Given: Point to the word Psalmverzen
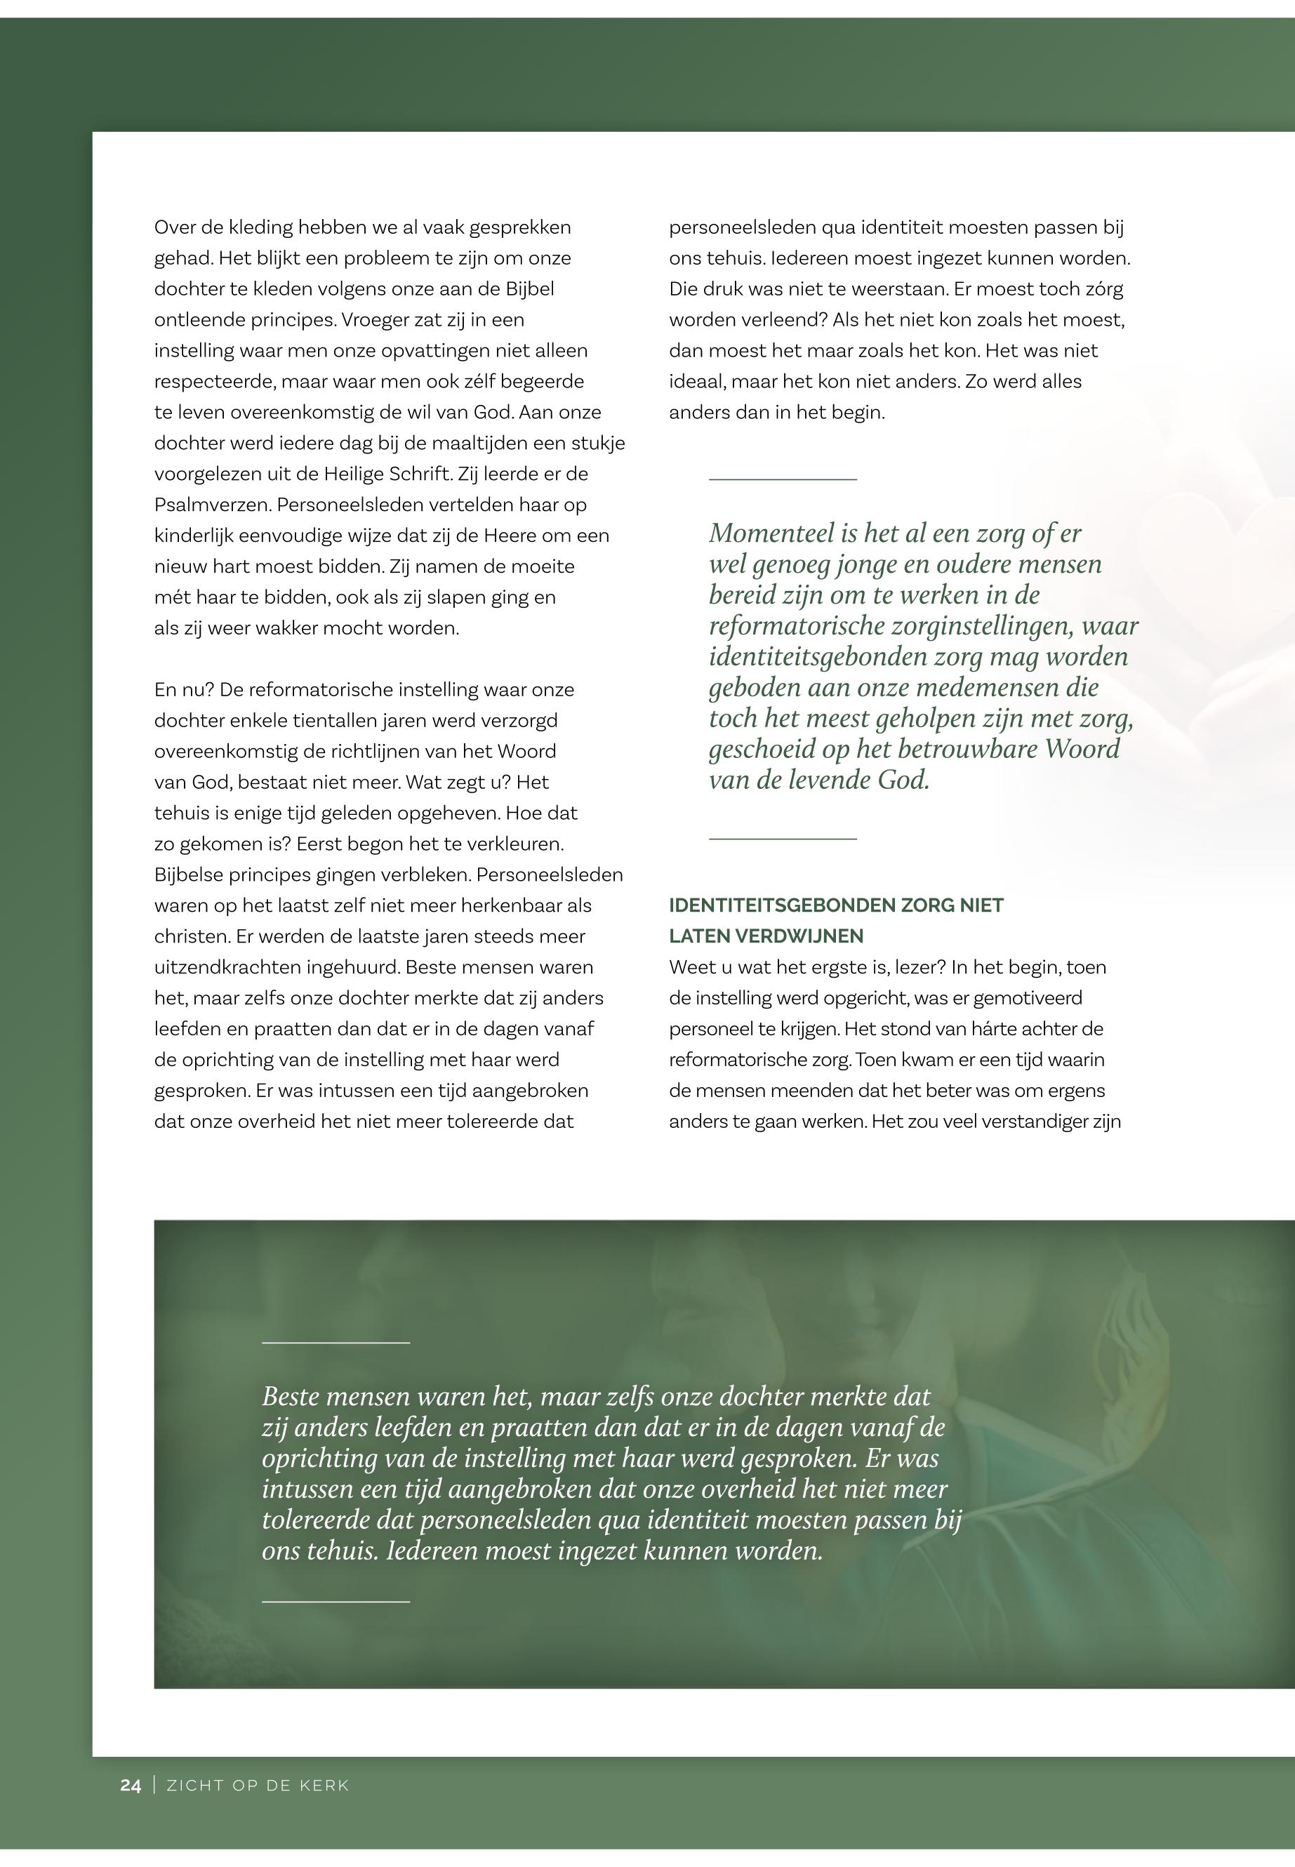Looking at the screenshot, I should (212, 505).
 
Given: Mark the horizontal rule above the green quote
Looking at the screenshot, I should (782, 479).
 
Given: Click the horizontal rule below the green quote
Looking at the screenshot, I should (782, 838).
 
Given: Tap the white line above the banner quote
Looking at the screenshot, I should (336, 1343).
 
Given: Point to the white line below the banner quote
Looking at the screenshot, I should (336, 1601).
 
